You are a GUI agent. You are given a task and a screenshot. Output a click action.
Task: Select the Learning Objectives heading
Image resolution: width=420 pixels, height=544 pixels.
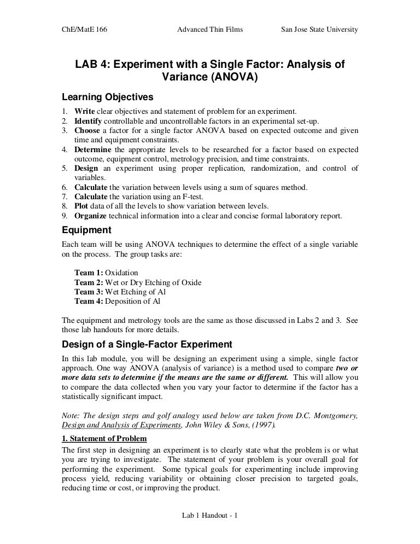tap(107, 97)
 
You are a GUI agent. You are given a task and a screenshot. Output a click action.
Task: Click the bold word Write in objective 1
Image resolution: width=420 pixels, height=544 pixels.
tap(85, 112)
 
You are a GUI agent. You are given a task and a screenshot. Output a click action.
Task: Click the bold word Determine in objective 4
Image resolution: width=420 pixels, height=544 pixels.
tap(93, 149)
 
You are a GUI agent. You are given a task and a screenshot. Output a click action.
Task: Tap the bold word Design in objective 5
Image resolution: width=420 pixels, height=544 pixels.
tap(86, 169)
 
